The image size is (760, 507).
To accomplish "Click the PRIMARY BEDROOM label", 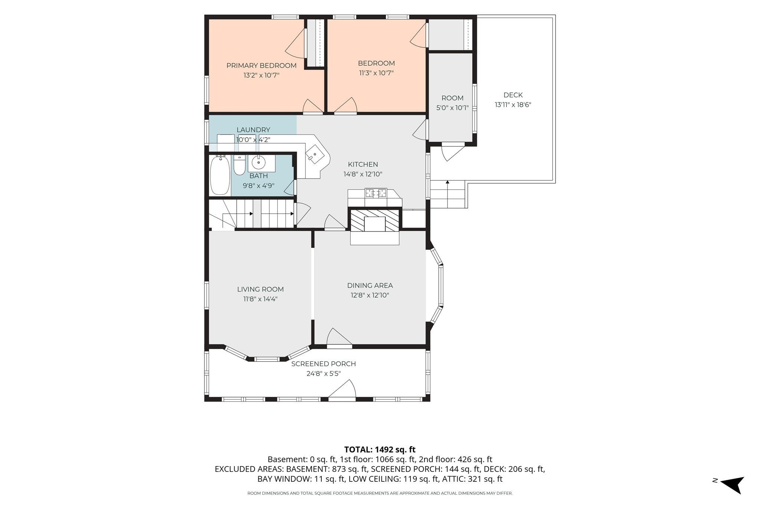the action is tap(261, 66).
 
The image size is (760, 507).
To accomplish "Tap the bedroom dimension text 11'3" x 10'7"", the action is tap(376, 73).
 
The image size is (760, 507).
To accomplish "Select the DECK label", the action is tap(513, 95).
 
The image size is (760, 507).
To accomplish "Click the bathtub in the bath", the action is tap(220, 175).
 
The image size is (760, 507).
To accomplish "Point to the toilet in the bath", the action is tap(240, 166).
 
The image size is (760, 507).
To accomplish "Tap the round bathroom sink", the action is tap(258, 163).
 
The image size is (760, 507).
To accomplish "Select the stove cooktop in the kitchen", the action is tap(376, 193).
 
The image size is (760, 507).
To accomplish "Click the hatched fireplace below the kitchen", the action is tap(375, 220).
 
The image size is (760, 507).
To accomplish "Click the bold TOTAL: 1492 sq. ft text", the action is tap(380, 449).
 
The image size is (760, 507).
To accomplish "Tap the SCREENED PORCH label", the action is tap(324, 364).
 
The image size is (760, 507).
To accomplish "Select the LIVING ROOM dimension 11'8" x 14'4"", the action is tap(260, 299).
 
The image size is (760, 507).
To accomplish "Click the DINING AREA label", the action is tap(370, 286).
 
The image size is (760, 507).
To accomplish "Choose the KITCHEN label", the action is tap(363, 164).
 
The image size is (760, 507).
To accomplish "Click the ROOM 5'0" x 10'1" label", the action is tap(452, 103).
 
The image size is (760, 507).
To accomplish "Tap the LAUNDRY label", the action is tap(253, 130).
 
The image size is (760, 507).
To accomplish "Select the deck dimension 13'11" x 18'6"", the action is tap(513, 105).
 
